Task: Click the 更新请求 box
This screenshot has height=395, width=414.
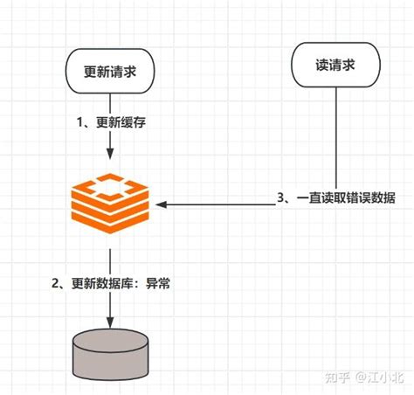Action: [x=109, y=70]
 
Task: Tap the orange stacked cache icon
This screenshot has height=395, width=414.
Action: [x=107, y=203]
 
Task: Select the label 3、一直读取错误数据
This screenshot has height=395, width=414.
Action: [x=335, y=199]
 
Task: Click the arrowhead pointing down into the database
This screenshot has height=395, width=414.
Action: [x=109, y=323]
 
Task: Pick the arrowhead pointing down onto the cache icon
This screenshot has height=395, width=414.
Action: [x=109, y=154]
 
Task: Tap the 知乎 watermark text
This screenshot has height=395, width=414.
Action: [x=335, y=378]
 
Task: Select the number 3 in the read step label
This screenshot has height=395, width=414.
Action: [x=280, y=199]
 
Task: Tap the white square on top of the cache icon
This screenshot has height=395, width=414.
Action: [x=107, y=186]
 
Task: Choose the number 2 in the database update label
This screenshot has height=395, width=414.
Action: [x=55, y=282]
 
